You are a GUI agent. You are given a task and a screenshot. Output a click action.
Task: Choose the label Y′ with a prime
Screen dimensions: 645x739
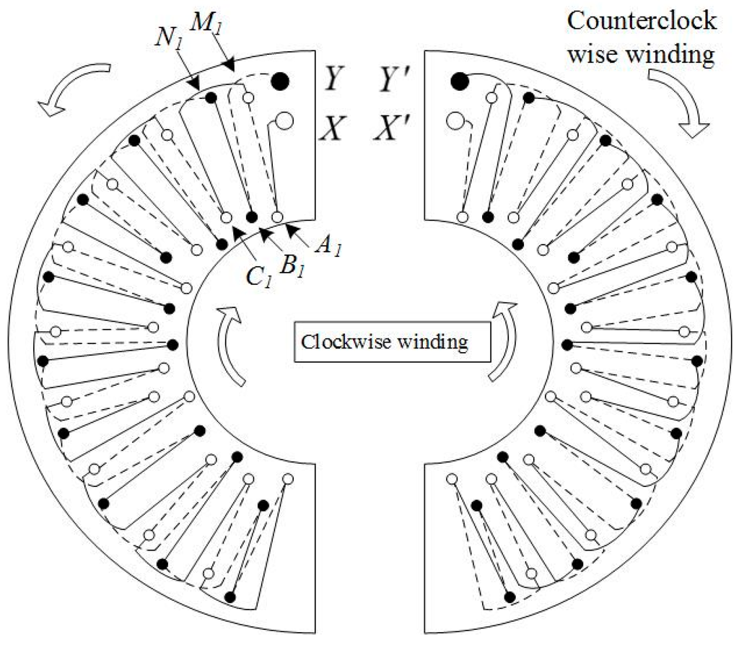pyautogui.click(x=398, y=82)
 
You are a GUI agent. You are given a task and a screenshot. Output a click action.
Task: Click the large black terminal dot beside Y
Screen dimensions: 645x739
pyautogui.click(x=280, y=82)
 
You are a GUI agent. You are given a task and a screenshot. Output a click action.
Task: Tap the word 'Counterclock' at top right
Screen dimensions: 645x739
pyautogui.click(x=642, y=21)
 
